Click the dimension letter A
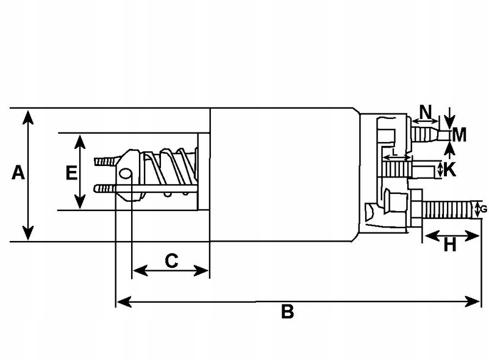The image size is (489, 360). coord(18,173)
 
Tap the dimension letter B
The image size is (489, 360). coord(287,311)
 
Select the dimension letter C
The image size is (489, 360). coord(171,261)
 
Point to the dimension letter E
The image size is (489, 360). coord(71,173)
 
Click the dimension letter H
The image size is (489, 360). coord(450,245)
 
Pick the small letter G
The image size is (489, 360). coord(484,209)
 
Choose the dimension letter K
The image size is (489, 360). coord(449,170)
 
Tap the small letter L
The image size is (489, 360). coord(395,153)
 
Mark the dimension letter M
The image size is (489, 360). coord(459,135)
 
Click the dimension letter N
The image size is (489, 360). coord(426,112)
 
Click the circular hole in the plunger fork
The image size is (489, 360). coord(125,173)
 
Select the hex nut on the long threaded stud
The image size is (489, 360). coord(415,208)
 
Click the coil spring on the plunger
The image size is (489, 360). coord(170,171)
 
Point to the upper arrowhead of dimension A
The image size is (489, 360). coord(28,117)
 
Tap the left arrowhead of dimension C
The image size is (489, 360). coord(140,270)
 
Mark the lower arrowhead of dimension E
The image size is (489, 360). coord(80,201)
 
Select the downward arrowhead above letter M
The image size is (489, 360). coord(449,122)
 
